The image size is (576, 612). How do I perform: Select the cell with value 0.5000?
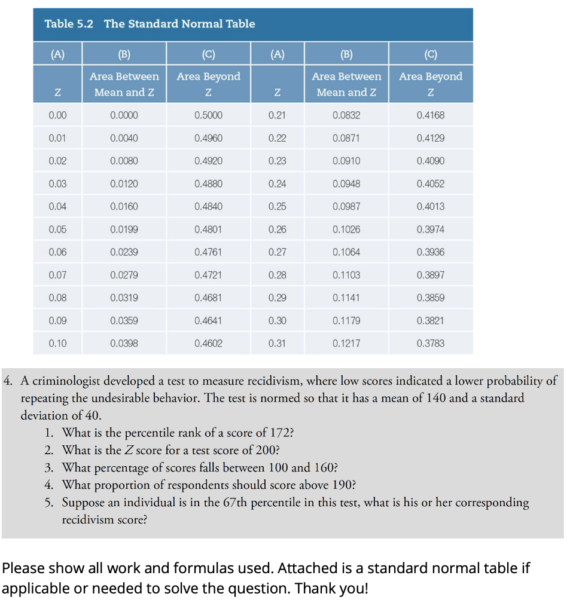tap(208, 115)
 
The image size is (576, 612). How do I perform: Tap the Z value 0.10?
tap(57, 344)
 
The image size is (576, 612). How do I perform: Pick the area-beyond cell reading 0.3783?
tap(430, 344)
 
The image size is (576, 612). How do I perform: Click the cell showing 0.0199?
tap(124, 229)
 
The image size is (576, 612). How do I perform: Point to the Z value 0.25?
tap(277, 207)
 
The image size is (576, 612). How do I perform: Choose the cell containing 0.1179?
tap(346, 321)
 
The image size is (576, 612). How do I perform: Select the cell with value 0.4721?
tap(208, 275)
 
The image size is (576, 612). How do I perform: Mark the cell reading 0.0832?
tap(346, 115)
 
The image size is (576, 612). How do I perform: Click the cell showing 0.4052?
tap(430, 184)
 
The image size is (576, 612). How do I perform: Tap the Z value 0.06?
tap(57, 252)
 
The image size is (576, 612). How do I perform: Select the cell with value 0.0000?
tap(124, 115)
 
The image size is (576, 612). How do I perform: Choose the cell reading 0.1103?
tap(346, 275)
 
